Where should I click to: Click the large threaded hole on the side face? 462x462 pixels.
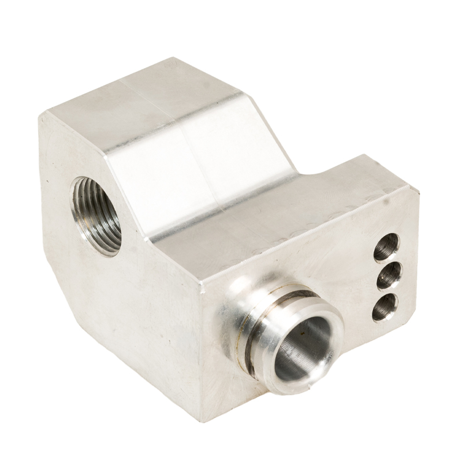96,215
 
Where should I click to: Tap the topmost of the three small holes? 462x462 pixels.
386,247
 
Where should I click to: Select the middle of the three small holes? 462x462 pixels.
389,276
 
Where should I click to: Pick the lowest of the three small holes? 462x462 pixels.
385,307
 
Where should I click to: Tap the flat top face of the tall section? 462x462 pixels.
144,92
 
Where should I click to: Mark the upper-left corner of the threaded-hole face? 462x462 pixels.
40,115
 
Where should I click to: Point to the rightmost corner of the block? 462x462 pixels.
418,188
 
